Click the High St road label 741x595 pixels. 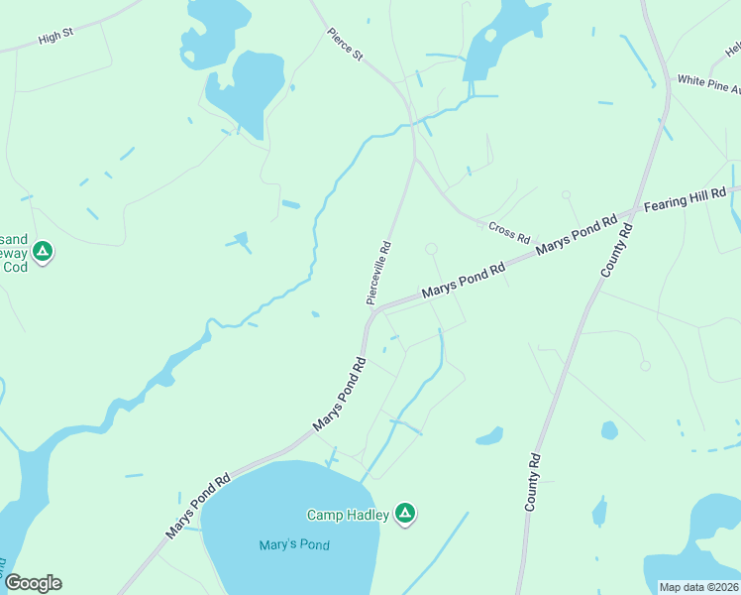(55, 35)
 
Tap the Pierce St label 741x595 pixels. (346, 44)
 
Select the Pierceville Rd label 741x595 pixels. (378, 273)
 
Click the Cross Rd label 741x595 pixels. (510, 233)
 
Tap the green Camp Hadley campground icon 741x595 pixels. (404, 513)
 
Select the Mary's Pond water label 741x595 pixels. (293, 544)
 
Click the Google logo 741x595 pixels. (33, 583)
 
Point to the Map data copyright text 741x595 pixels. (699, 587)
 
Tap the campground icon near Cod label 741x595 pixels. (42, 252)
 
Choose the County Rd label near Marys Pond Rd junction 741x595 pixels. (616, 251)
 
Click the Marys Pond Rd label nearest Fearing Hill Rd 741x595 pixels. (577, 230)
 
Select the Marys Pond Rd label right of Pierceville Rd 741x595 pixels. (464, 279)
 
